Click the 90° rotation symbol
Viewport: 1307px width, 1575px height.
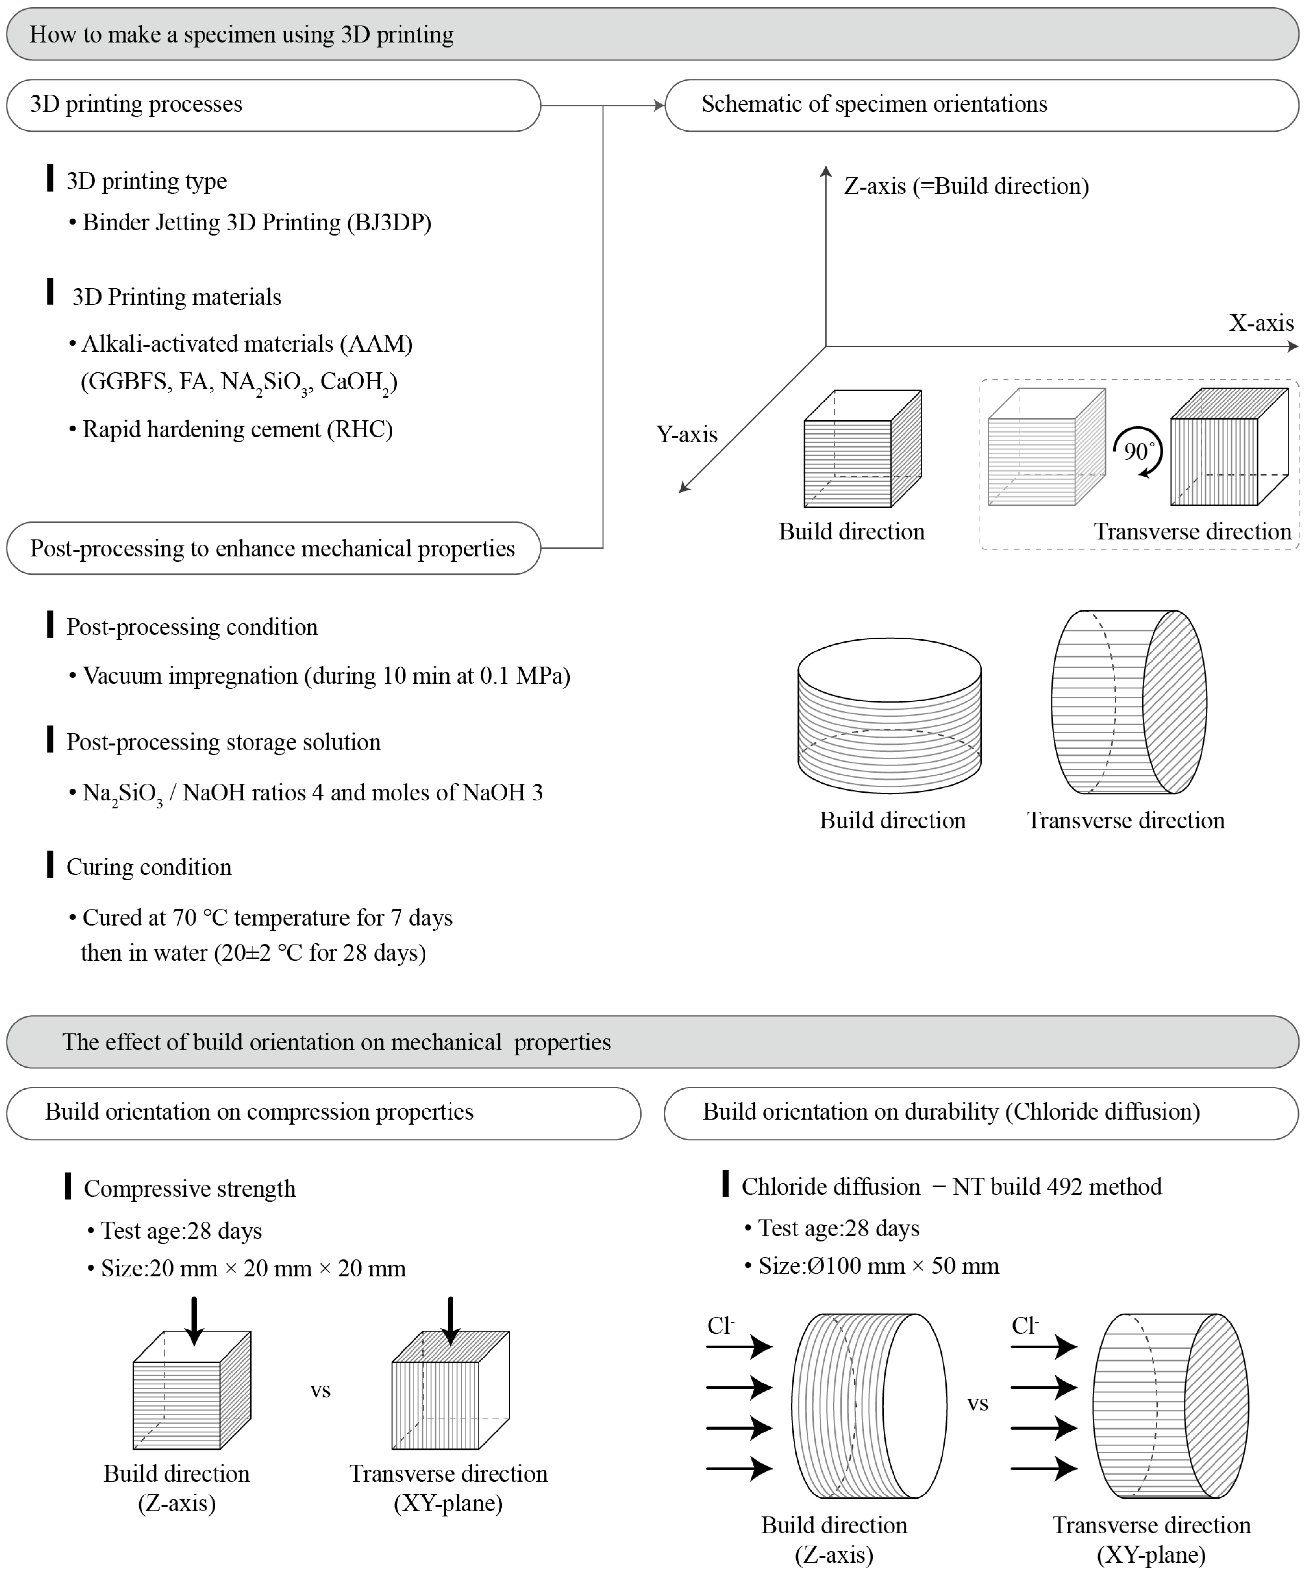(1138, 452)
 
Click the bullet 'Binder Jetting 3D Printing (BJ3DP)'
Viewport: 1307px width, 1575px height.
(256, 223)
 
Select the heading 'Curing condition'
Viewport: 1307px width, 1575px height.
(148, 867)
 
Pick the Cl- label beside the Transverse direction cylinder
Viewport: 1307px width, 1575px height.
(1024, 1325)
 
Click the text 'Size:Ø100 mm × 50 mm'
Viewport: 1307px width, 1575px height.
(878, 1266)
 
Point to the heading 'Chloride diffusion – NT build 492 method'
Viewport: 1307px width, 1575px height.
(951, 1186)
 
